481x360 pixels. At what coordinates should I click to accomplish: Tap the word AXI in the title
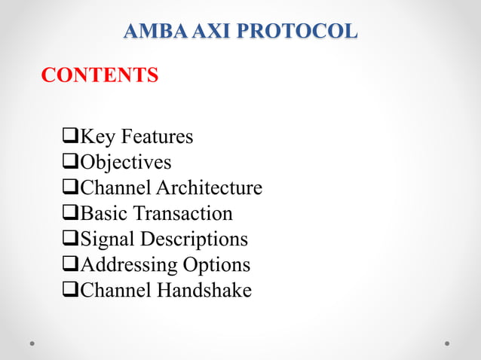click(x=198, y=32)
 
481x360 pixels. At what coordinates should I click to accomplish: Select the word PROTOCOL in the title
click(x=291, y=32)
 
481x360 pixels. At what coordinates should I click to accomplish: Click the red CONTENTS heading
click(x=100, y=75)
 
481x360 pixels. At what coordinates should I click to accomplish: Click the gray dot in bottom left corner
click(x=32, y=343)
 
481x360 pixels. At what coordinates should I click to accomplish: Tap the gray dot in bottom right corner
click(x=447, y=343)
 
